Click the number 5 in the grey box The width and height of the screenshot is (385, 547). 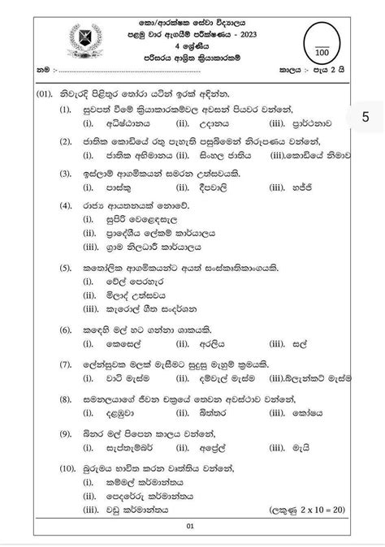click(x=366, y=117)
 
